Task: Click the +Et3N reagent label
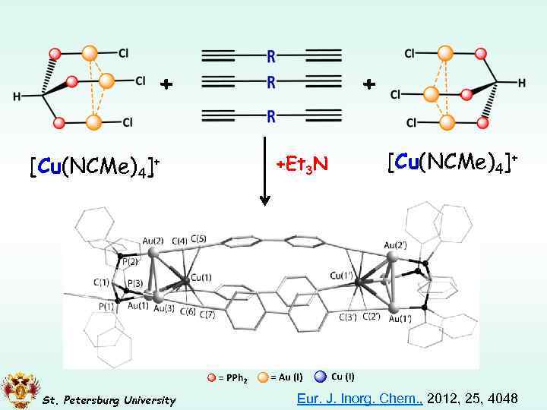click(x=301, y=163)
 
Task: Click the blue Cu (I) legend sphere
click(x=320, y=376)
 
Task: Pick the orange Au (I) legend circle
click(x=262, y=377)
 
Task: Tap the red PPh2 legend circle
click(x=210, y=377)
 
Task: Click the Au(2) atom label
click(x=153, y=241)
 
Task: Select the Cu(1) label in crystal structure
click(x=202, y=276)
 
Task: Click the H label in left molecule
click(x=17, y=96)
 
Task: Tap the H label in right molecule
click(x=522, y=83)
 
